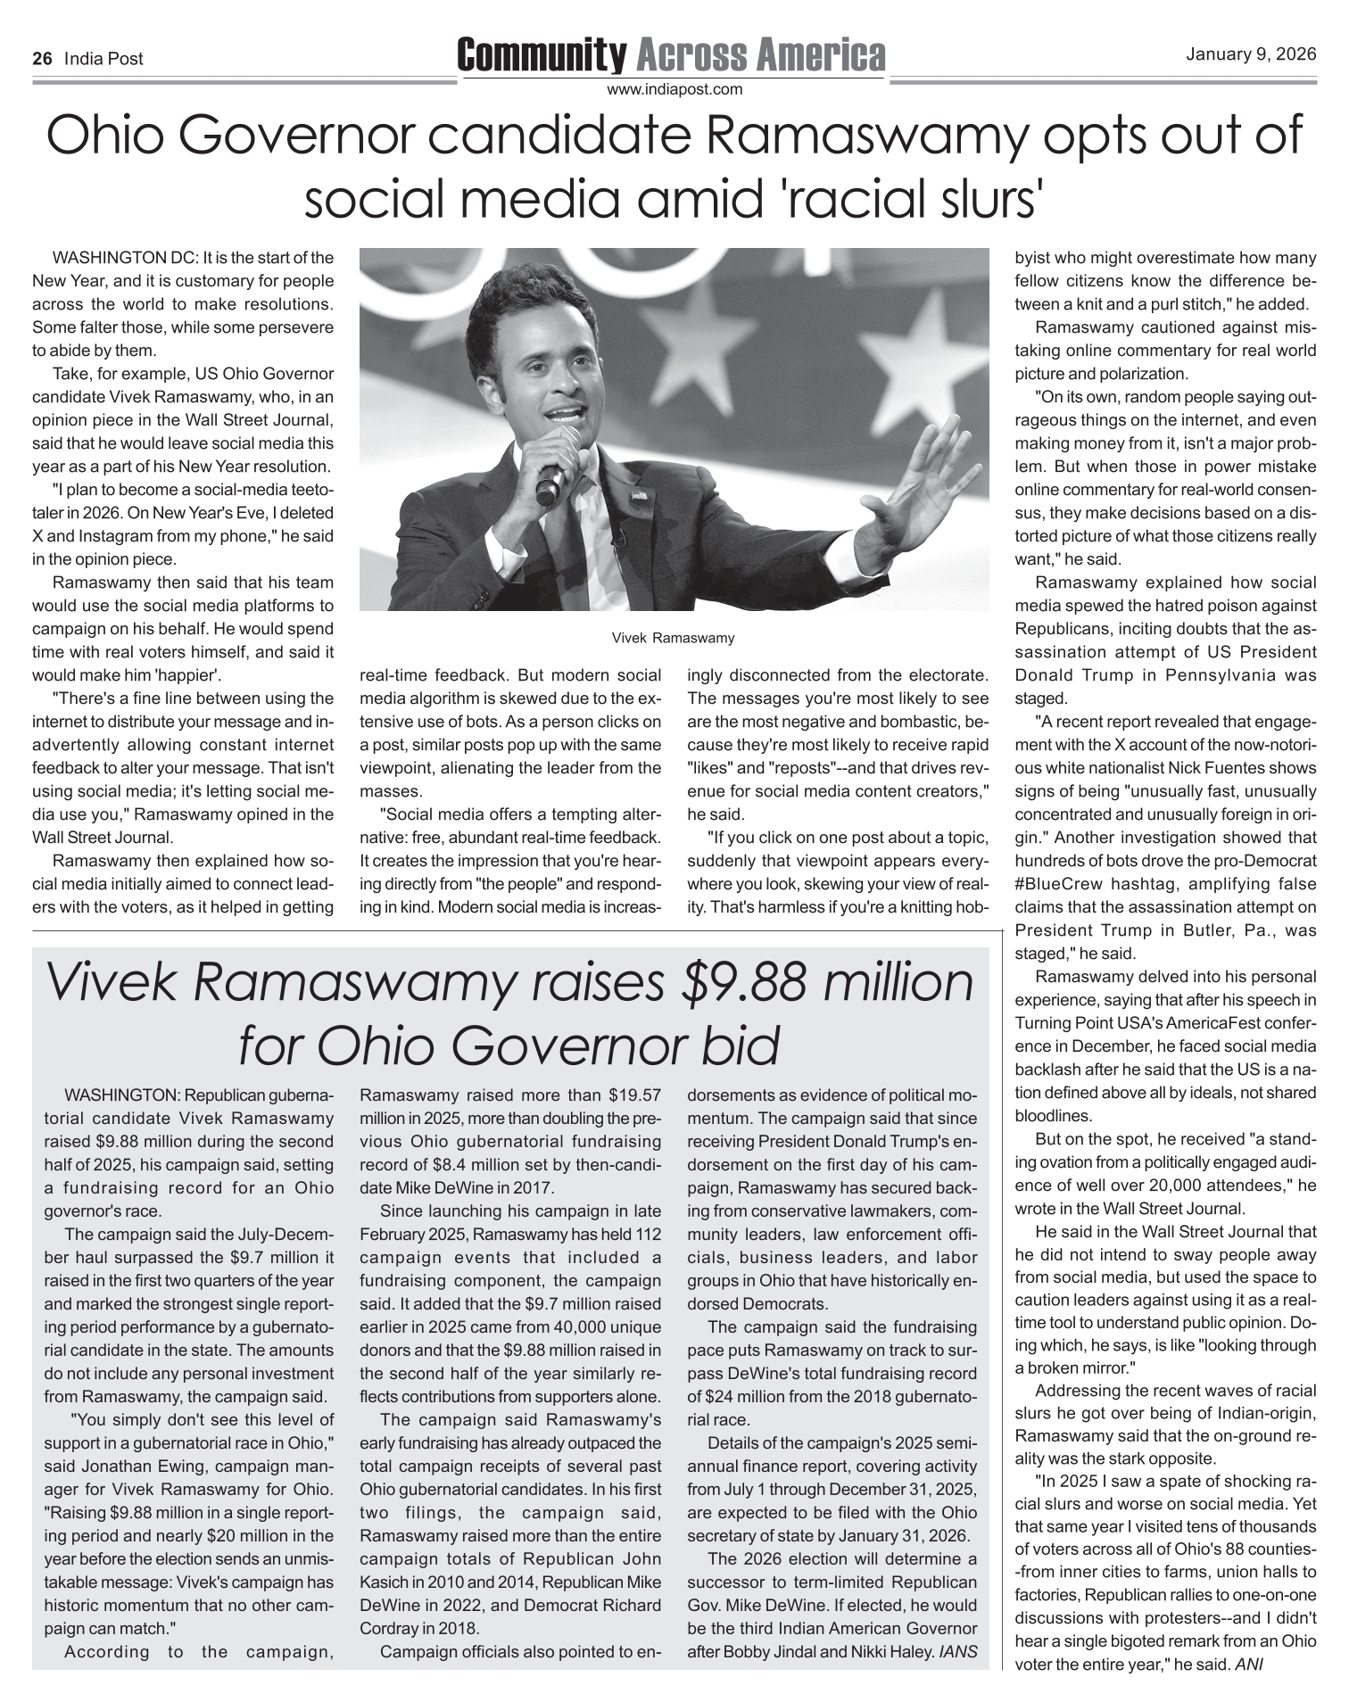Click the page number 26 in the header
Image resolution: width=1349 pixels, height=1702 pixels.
coord(41,60)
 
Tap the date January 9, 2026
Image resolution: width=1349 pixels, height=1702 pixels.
coord(1251,54)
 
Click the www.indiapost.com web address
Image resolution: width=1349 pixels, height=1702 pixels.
coord(674,89)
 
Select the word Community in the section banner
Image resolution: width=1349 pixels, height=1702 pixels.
coord(542,55)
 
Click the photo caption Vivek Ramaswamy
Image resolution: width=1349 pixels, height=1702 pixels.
coord(674,638)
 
